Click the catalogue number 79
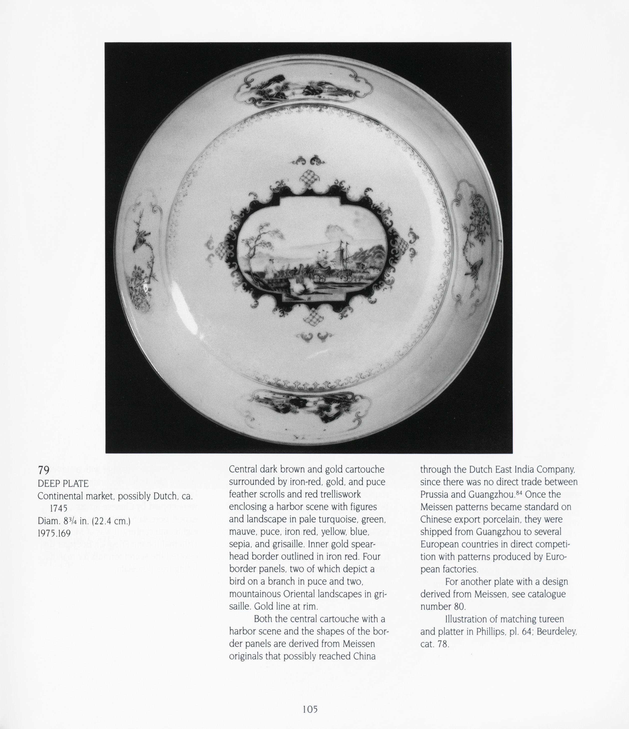pyautogui.click(x=44, y=470)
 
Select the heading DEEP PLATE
pyautogui.click(x=63, y=483)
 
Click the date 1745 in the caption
pyautogui.click(x=58, y=508)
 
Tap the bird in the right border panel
pyautogui.click(x=475, y=266)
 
